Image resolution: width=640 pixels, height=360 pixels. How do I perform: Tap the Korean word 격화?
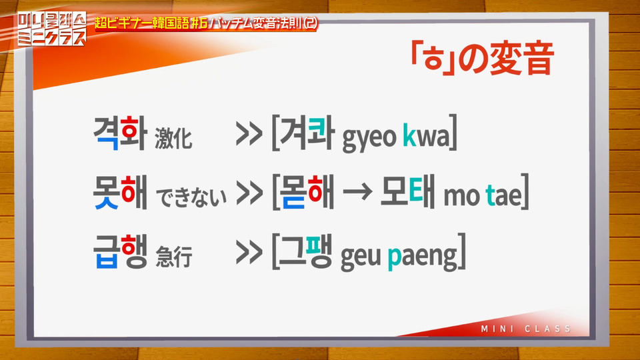click(120, 133)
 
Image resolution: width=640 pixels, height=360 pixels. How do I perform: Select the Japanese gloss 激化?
click(173, 137)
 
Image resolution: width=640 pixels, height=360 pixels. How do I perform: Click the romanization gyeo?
click(369, 138)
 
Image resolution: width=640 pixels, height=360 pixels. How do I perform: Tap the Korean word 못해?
click(120, 193)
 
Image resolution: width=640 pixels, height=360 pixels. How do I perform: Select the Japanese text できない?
click(191, 197)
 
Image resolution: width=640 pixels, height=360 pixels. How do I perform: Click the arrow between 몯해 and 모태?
click(357, 192)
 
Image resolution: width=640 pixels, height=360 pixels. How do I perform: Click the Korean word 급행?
click(120, 251)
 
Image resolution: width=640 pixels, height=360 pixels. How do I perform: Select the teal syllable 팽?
click(319, 250)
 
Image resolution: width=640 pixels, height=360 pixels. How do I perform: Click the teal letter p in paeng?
click(394, 258)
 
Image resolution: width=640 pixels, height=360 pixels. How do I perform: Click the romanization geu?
click(361, 257)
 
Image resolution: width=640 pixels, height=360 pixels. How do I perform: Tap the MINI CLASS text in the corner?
click(526, 329)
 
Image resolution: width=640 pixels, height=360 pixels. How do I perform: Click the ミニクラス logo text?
click(52, 38)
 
